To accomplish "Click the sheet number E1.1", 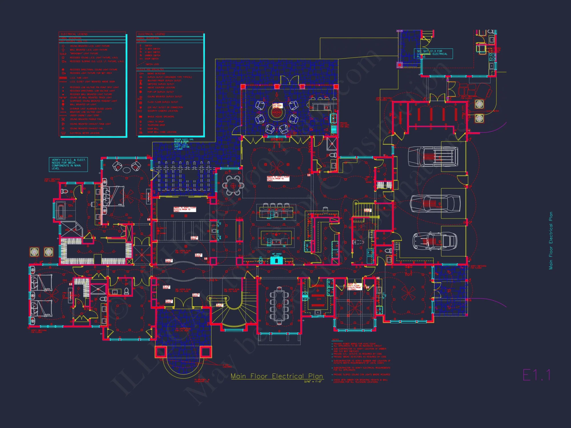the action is [x=536, y=375].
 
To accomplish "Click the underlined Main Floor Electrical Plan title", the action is [x=277, y=376].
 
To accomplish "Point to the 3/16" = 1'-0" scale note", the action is [x=313, y=381].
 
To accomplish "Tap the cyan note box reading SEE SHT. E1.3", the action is [x=433, y=54].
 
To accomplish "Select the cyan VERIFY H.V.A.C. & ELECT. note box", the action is [x=68, y=164].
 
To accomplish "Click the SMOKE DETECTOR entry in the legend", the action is [x=156, y=73].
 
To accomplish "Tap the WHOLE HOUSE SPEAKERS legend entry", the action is [x=160, y=116].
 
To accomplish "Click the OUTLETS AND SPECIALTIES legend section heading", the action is [x=150, y=69].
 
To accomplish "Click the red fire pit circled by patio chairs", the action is [x=276, y=112].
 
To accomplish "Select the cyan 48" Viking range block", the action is [x=276, y=260].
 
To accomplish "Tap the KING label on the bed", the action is [x=120, y=205].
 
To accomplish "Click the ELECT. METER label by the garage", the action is [x=493, y=111].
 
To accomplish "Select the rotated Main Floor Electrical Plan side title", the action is [x=551, y=240].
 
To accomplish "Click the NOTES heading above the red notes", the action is [x=335, y=340].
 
